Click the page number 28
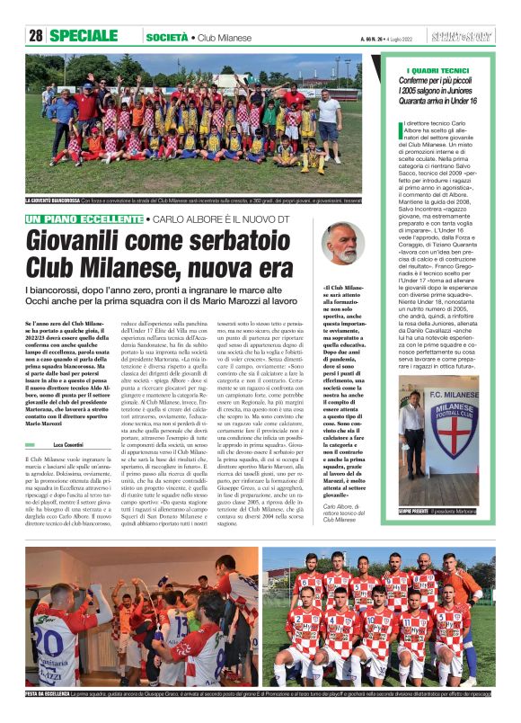coord(35,36)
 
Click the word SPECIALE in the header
coord(84,36)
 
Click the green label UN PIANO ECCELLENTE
coord(84,219)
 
